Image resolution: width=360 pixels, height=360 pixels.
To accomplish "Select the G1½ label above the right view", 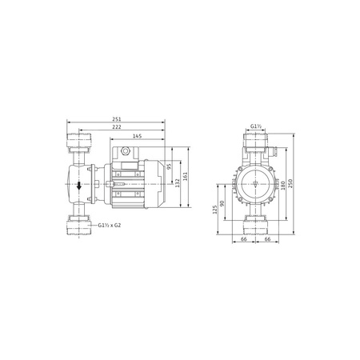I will tap(256, 126).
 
